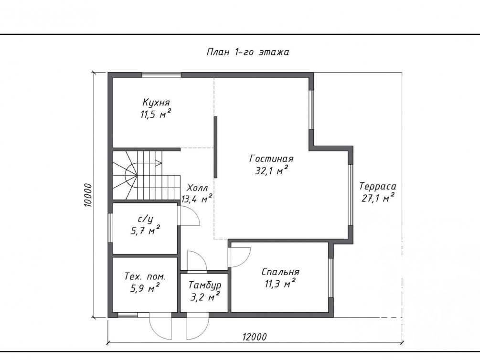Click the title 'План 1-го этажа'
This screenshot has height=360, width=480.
(248, 52)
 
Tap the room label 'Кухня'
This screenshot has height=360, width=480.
(156, 102)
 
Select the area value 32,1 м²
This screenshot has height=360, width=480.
(272, 170)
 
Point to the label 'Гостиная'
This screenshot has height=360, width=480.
(272, 159)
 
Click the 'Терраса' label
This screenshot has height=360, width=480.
(378, 186)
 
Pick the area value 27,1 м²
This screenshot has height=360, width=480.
(378, 198)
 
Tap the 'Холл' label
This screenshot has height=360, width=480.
(197, 188)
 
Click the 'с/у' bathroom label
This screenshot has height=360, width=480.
(145, 219)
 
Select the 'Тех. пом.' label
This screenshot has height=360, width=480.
(145, 276)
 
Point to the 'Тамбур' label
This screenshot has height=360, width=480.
(205, 286)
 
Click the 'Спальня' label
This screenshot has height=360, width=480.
(280, 272)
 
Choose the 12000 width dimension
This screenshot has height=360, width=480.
(255, 337)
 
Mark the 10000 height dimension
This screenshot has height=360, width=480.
(88, 195)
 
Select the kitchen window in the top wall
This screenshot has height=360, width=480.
(161, 74)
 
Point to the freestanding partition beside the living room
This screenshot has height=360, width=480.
(215, 147)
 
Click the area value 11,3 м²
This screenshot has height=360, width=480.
(280, 284)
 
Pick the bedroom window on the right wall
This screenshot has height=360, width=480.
(331, 278)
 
